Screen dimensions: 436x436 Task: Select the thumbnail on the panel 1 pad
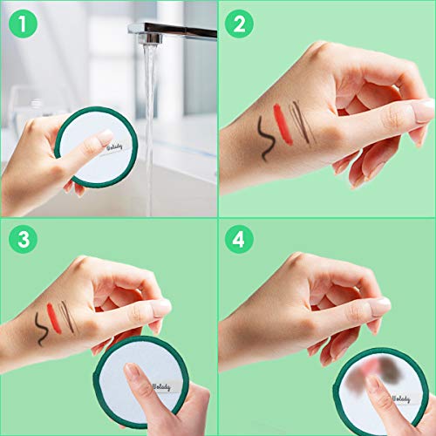coord(104,136)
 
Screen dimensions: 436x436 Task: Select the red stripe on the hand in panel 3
coord(55,315)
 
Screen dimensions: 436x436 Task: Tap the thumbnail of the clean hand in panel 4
coord(380,306)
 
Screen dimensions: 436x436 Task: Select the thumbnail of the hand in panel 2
coord(423,111)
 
